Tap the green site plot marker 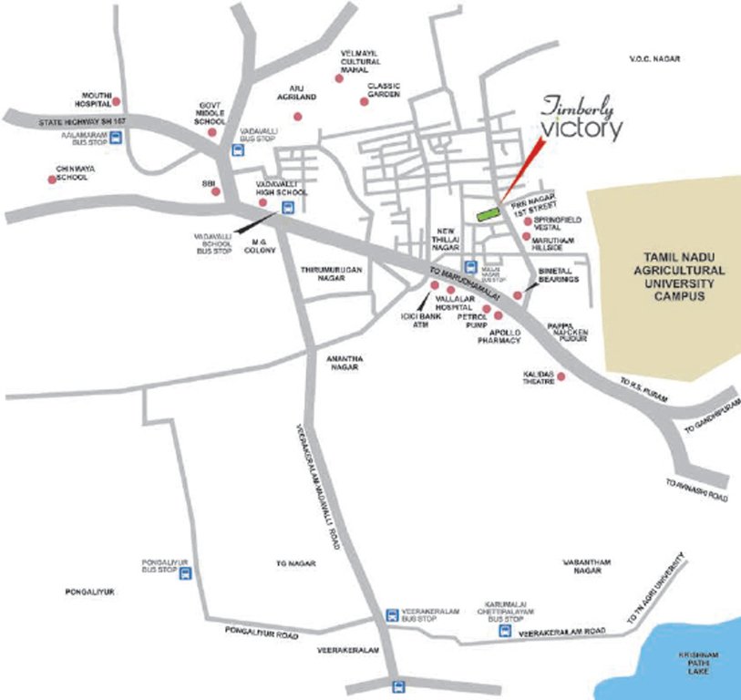tap(489, 213)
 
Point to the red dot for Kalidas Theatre tap(561, 376)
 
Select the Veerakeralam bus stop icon tap(392, 616)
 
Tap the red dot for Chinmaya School tap(52, 179)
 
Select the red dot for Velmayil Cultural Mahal tap(339, 79)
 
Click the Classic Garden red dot tap(364, 101)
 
